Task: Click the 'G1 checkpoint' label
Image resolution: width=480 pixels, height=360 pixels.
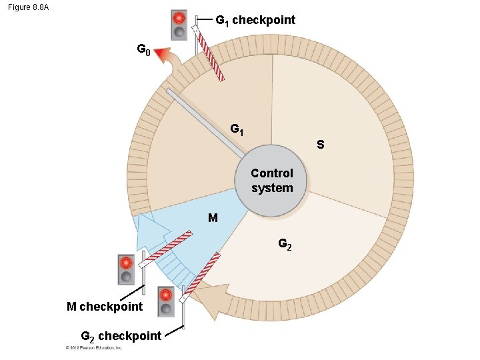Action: tap(255, 20)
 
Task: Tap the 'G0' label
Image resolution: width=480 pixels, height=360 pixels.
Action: tap(144, 49)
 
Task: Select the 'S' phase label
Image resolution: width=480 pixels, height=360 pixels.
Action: tap(321, 144)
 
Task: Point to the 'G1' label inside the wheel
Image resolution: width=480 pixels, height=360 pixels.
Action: tap(237, 129)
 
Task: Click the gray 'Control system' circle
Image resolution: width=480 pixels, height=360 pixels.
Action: tap(272, 181)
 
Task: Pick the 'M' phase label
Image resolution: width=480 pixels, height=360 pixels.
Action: tap(212, 218)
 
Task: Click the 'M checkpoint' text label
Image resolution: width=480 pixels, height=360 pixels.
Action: tap(105, 307)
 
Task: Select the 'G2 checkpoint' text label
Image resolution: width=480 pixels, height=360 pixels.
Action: tap(121, 336)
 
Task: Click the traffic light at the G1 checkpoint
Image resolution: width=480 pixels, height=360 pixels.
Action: tap(179, 25)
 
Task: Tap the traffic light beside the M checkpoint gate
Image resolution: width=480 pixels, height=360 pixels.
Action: tap(125, 270)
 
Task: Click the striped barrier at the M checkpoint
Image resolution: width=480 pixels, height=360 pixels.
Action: tap(168, 247)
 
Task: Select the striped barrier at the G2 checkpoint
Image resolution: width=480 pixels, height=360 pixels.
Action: tap(202, 274)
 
